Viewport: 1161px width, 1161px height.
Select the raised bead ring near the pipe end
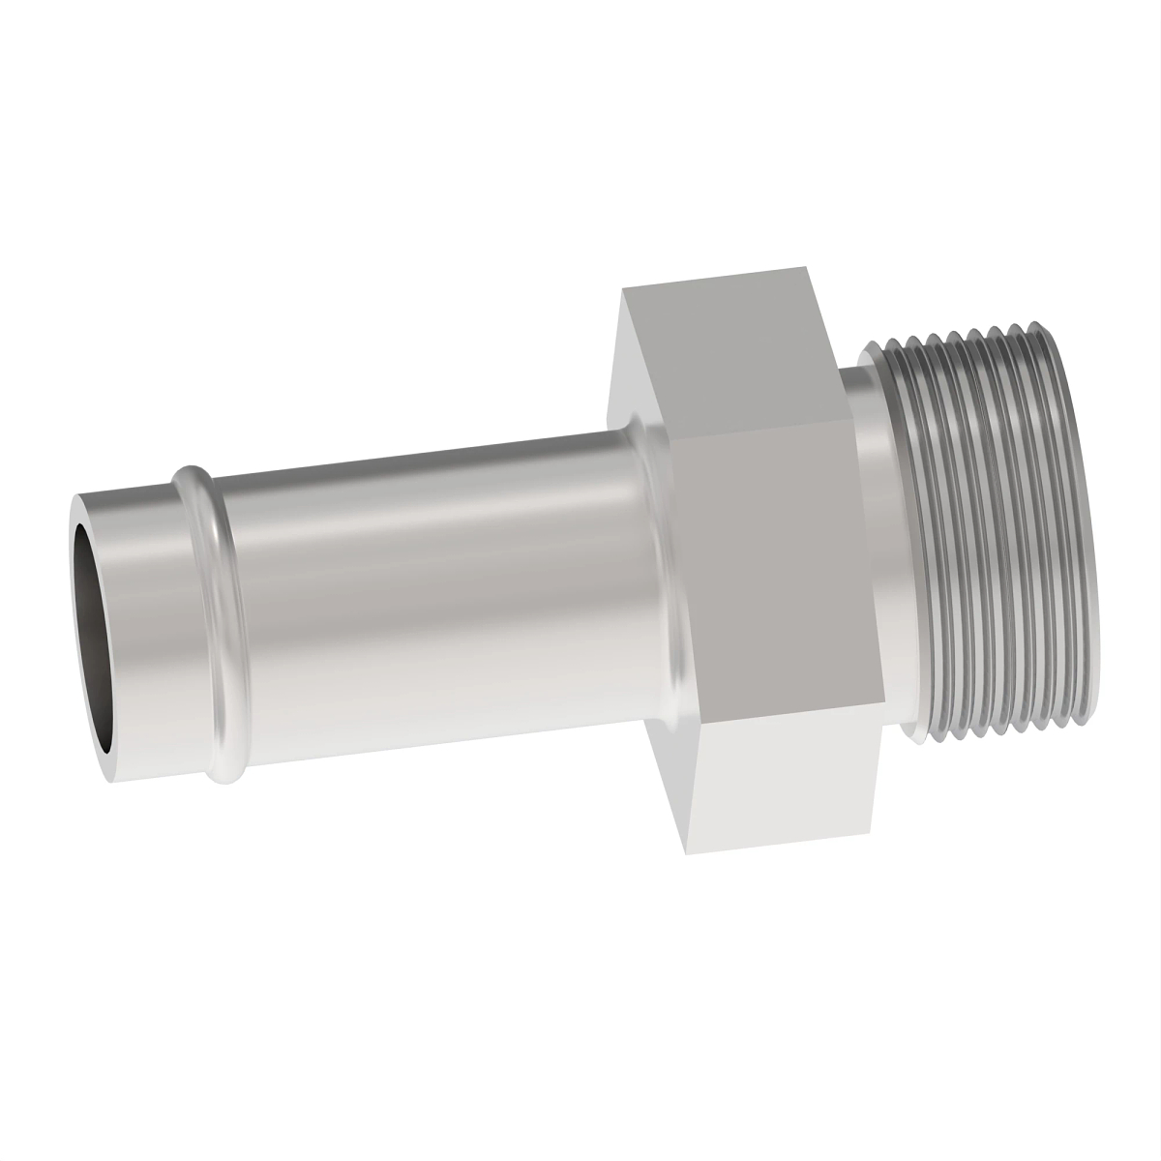coord(208,619)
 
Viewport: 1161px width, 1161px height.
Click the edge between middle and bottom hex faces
coord(789,711)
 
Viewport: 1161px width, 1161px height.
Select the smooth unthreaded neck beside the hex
coord(871,542)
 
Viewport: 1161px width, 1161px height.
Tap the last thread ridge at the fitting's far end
coord(1084,542)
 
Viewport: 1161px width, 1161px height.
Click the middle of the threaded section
coord(997,542)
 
